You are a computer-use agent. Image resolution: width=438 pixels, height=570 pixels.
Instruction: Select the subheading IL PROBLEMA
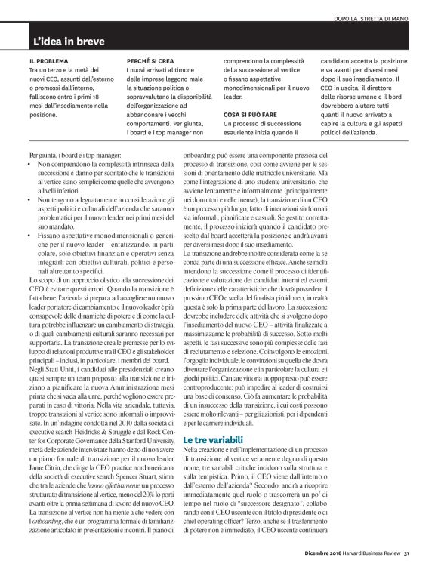[x=49, y=60]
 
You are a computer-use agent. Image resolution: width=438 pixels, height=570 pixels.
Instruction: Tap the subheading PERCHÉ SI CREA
[x=152, y=60]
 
